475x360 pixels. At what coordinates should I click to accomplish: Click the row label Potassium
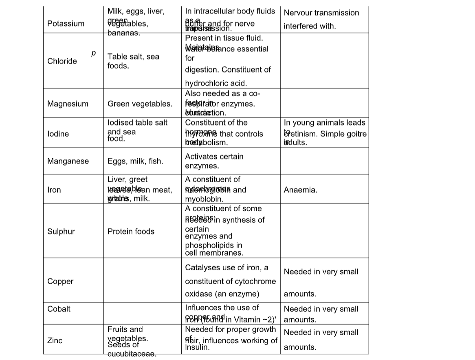coord(66,24)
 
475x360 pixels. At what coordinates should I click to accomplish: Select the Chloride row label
coord(62,61)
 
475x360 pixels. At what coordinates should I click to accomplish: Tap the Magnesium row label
coord(68,104)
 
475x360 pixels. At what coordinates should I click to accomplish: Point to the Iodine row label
coord(58,134)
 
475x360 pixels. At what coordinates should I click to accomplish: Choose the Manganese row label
coord(68,161)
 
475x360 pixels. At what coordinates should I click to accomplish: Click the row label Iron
coord(54,190)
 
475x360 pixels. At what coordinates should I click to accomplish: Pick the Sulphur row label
coord(61,232)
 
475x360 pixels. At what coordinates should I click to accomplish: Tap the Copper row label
coord(60,281)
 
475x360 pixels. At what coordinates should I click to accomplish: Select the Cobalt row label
coord(59,309)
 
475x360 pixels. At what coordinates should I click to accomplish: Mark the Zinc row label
coord(55,340)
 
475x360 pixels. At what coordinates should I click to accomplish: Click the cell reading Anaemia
coord(300,190)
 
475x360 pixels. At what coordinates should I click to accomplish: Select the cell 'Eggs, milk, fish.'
coord(135,161)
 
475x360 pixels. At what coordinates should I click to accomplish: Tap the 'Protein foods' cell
coord(131,232)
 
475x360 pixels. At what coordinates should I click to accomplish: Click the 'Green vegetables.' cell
coord(140,104)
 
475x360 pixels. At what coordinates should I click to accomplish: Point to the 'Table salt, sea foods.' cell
coord(133,61)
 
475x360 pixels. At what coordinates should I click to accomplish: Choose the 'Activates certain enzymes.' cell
coord(214,161)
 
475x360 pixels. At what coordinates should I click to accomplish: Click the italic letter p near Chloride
coord(93,53)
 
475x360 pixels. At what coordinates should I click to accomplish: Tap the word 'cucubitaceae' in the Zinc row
coord(131,354)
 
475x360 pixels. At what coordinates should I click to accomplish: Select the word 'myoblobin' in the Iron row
coord(204,199)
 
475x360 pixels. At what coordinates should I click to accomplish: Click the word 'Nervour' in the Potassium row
coord(298,13)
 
